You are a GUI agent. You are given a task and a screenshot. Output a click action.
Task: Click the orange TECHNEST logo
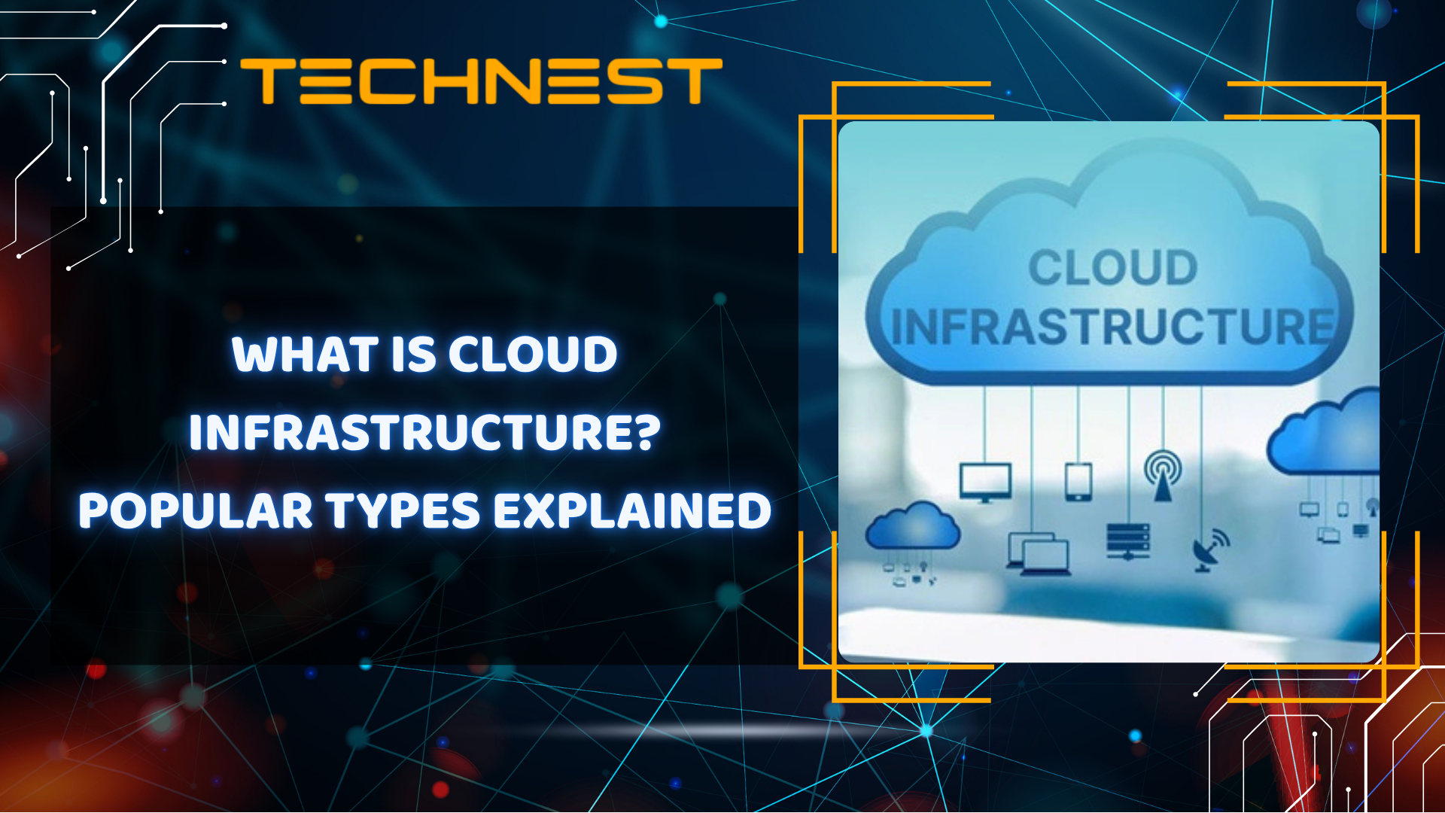pos(481,81)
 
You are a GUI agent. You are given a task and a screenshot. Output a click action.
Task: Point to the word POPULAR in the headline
pos(195,510)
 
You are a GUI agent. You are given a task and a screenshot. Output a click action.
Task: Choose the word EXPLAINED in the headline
pos(632,510)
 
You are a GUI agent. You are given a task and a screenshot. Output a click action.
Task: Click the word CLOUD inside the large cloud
pos(1112,268)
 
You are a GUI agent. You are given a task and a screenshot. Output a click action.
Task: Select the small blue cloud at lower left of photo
pos(912,526)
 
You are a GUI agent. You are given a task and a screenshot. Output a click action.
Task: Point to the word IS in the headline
pos(413,355)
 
